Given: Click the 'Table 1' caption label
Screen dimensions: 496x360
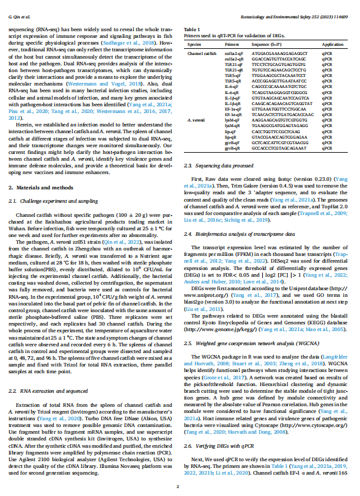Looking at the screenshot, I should point(192,29).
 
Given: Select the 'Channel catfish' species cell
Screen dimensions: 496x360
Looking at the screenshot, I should point(202,54).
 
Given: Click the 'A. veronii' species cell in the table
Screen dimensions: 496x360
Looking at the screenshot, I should point(197,119).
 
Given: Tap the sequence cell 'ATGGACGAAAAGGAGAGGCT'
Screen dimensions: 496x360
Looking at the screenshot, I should point(274,54).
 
